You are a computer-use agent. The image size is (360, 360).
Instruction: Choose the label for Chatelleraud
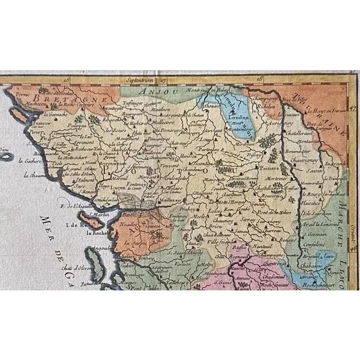(x=298, y=133)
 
